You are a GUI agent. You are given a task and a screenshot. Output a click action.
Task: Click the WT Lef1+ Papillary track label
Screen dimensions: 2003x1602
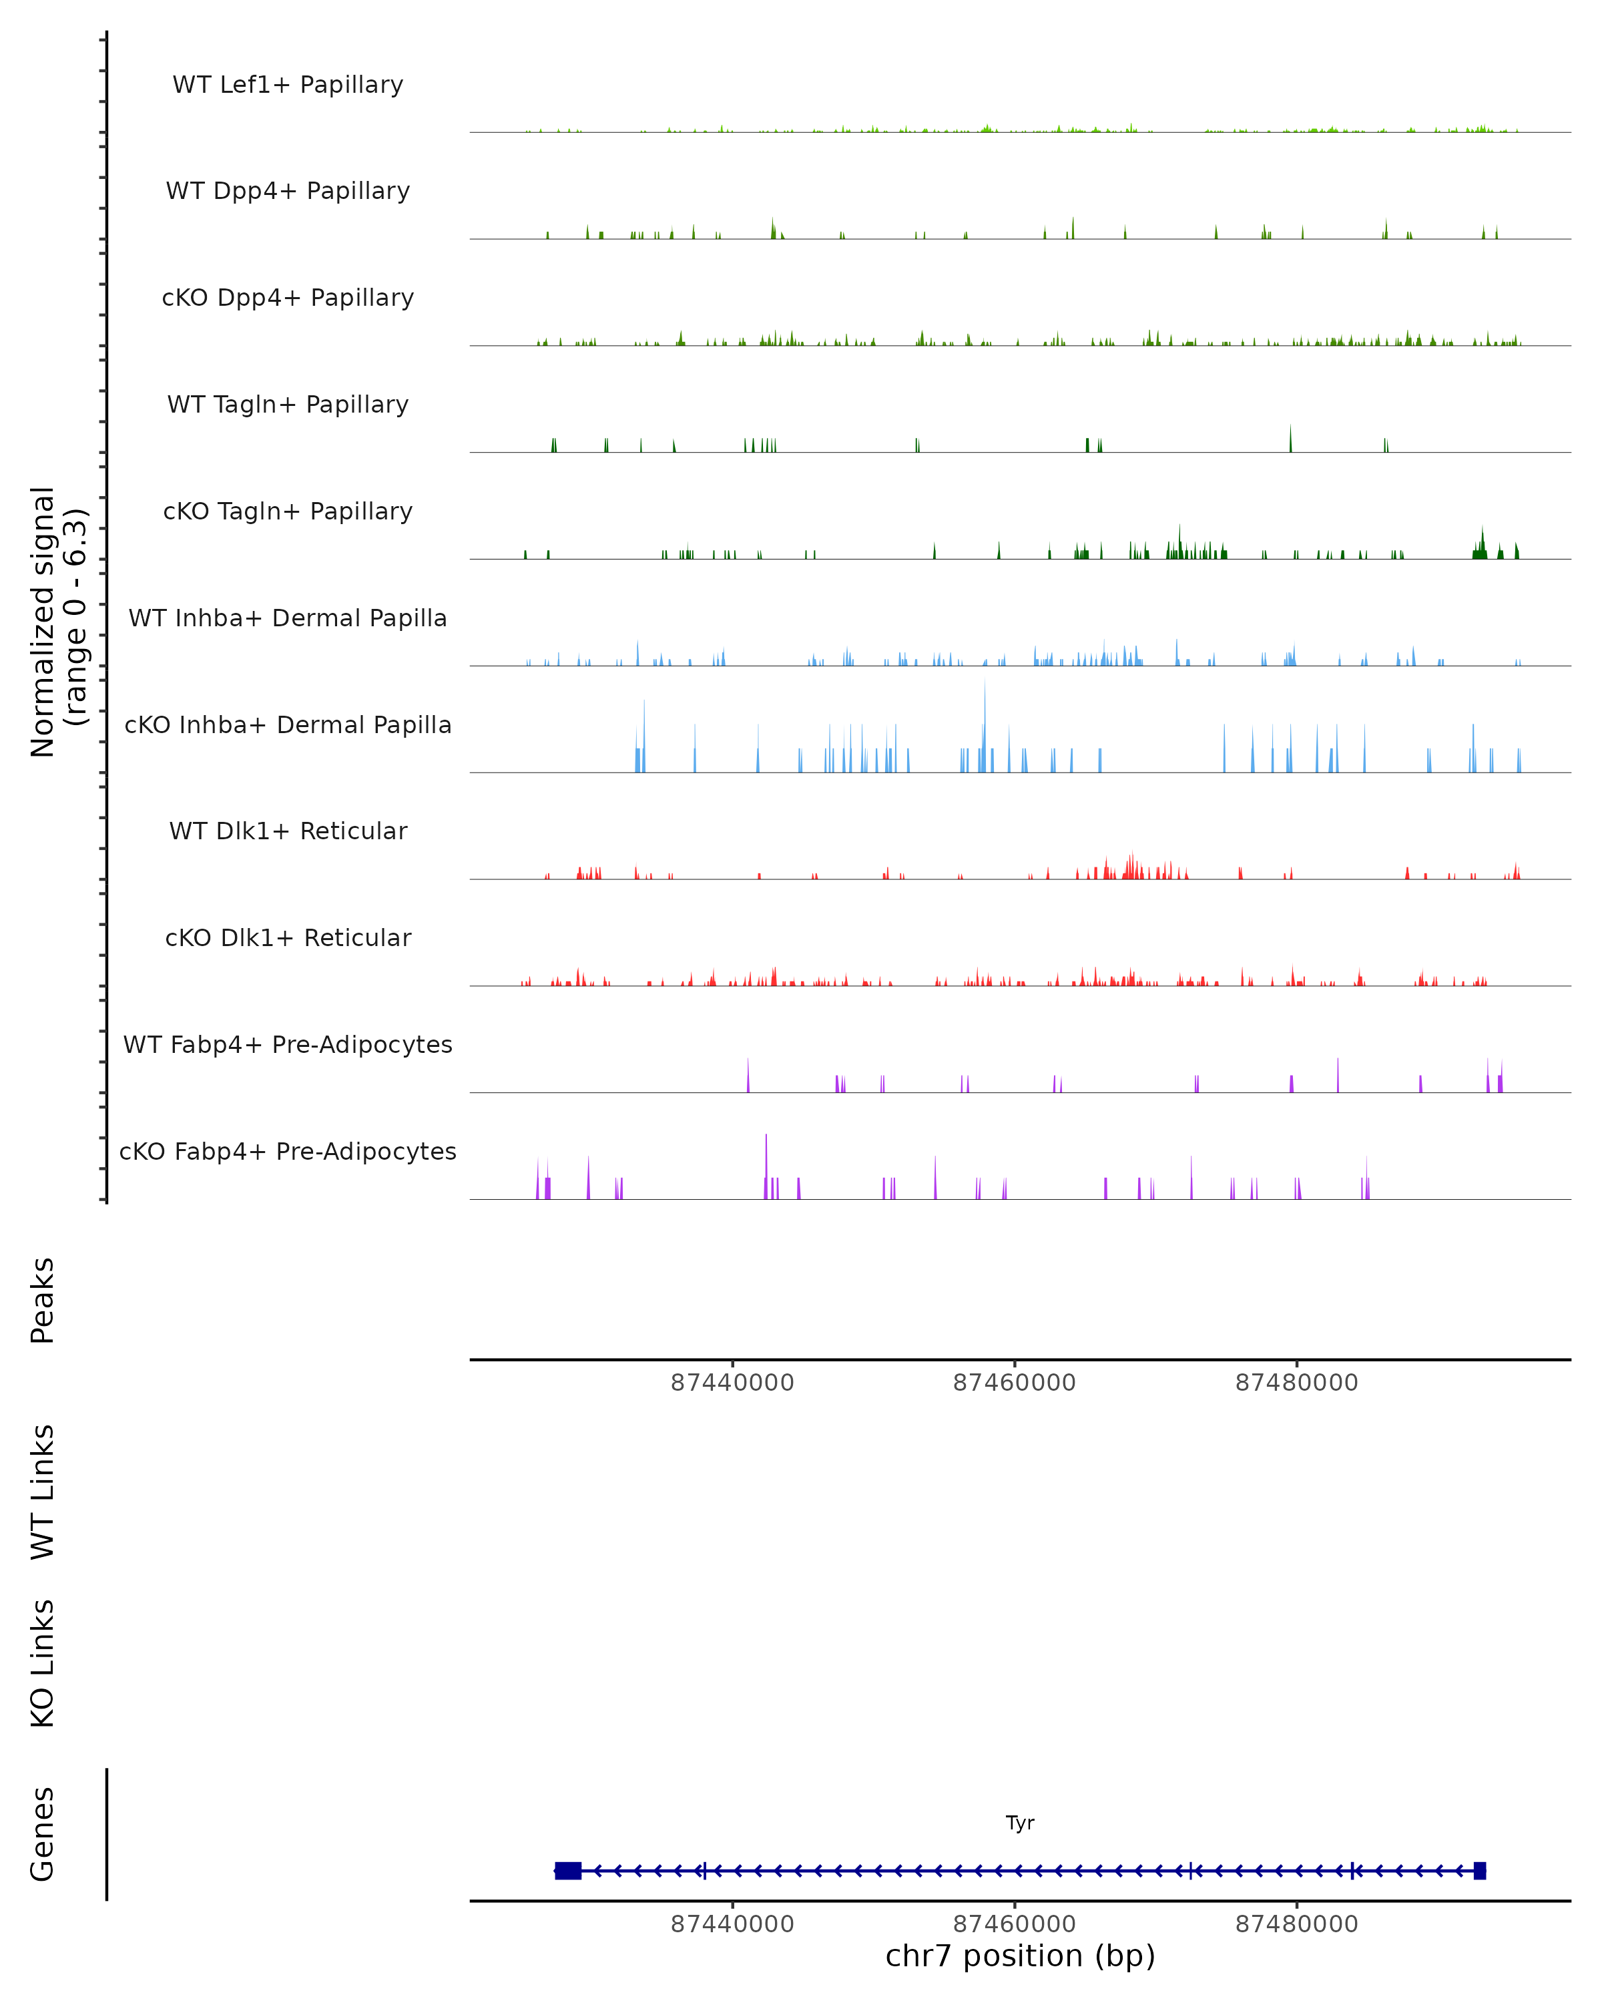(288, 85)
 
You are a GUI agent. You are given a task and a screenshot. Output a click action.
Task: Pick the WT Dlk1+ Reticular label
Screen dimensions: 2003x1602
(288, 831)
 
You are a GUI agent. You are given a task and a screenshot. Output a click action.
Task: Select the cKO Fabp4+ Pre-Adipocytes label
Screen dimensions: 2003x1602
(288, 1151)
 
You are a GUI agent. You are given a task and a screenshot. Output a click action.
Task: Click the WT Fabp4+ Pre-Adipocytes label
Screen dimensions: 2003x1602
(288, 1044)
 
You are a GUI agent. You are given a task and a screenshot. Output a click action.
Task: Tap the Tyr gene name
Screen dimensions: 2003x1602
(1020, 1823)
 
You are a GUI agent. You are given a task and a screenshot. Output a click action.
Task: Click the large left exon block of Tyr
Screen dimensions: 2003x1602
(567, 1871)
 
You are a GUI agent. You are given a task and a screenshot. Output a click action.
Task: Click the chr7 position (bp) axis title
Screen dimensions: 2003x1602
(1020, 1956)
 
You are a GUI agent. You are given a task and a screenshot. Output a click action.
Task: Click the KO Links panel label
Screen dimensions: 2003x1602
(43, 1664)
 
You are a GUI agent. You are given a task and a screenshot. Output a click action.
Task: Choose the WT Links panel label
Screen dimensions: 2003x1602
(43, 1491)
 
